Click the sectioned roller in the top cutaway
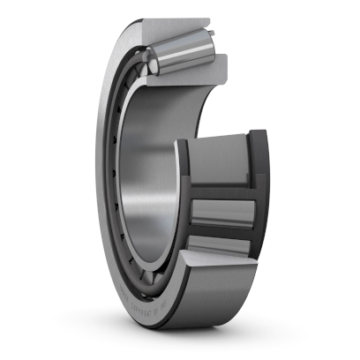[181, 52]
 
